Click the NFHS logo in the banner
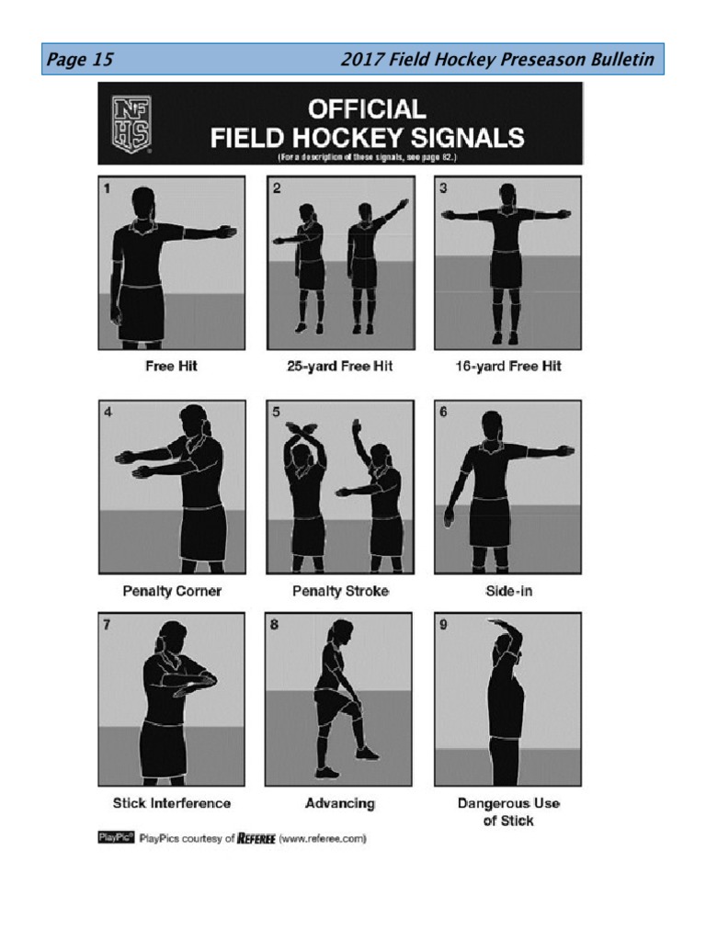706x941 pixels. pos(131,123)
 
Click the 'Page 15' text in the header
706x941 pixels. pos(80,60)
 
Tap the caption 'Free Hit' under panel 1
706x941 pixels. pos(171,366)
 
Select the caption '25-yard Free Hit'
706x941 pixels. pos(339,366)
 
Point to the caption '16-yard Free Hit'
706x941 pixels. pos(507,366)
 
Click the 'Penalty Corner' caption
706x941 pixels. pos(172,591)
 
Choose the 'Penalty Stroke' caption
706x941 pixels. pos(340,591)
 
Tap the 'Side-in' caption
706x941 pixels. pos(508,591)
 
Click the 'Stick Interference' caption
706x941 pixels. pos(172,803)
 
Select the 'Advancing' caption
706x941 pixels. pos(340,803)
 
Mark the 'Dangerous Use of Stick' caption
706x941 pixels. pos(508,811)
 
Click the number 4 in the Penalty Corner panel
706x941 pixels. pos(108,412)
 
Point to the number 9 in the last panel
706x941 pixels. pos(444,625)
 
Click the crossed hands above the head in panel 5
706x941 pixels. pos(302,429)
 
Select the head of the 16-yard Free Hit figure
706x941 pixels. pos(507,195)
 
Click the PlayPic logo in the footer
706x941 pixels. pos(116,837)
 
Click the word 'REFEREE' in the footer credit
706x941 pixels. pos(256,838)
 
